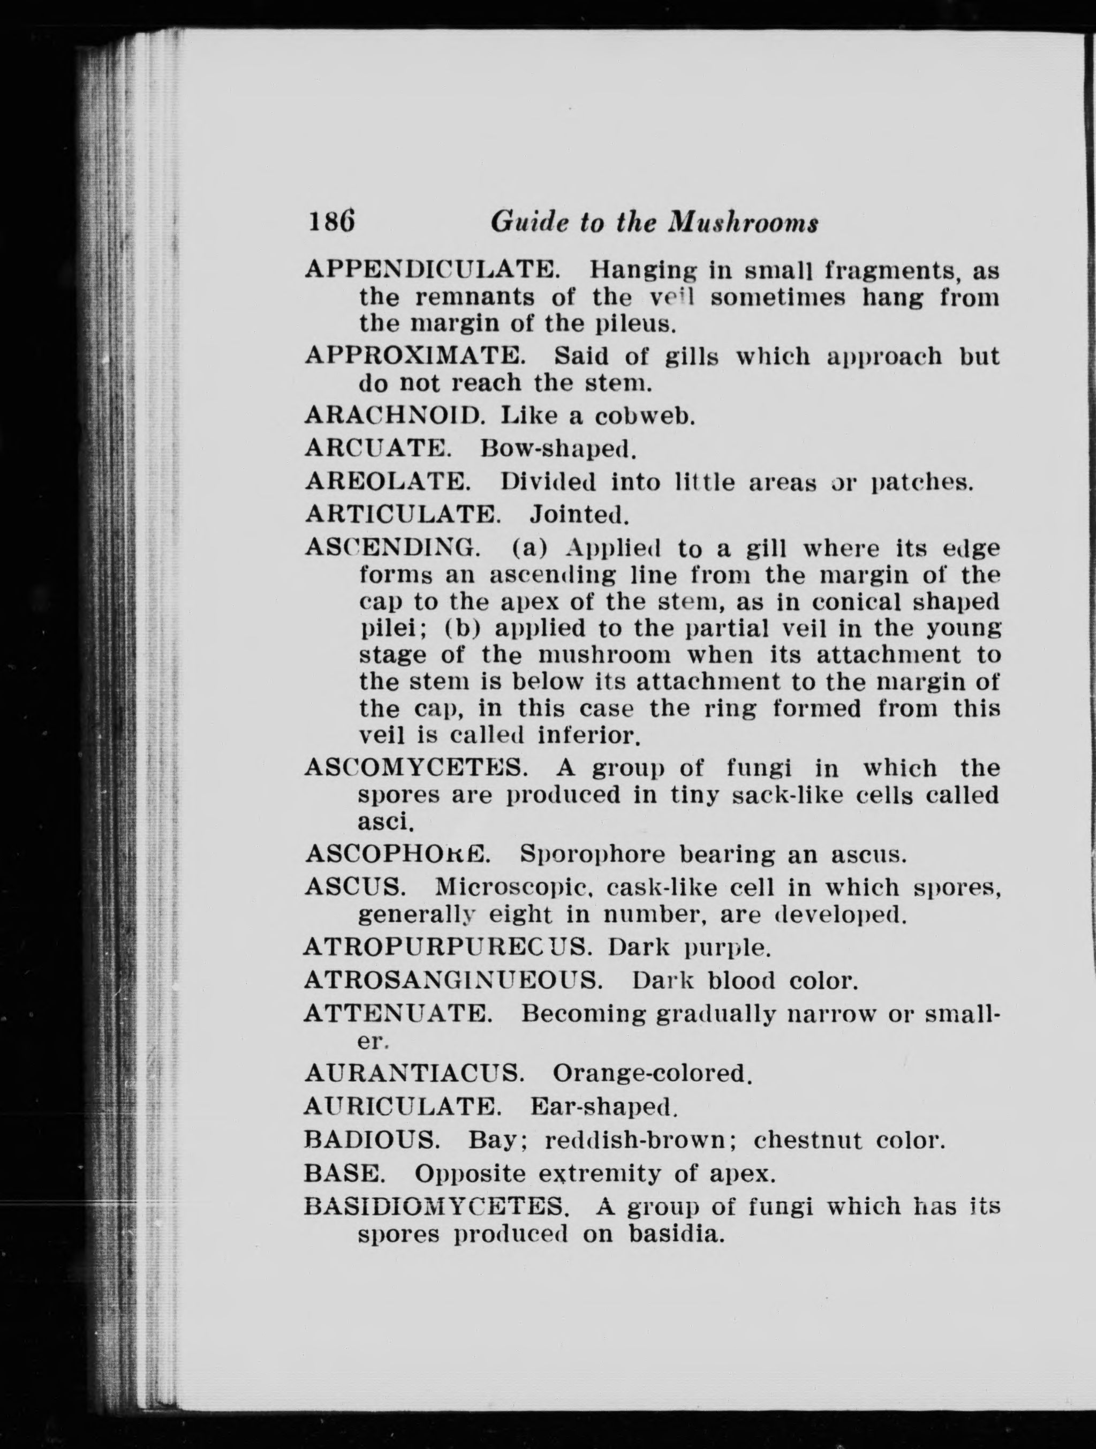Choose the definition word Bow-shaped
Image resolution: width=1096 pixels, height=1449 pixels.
pos(558,449)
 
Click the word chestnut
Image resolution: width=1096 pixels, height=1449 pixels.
pos(805,1141)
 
